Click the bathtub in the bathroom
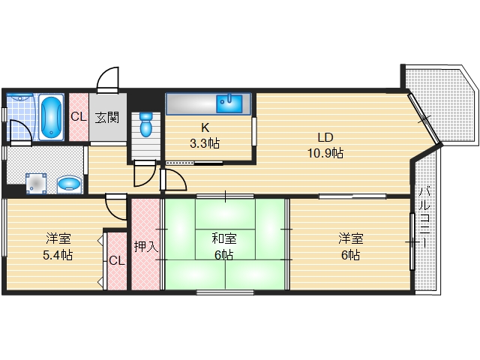pos(52,117)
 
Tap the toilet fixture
pos(145,124)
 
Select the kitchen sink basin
pos(229,103)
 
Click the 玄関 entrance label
pos(106,117)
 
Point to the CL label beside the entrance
pos(79,117)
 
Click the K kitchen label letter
pos(205,127)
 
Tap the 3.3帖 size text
pos(205,143)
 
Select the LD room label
pos(325,137)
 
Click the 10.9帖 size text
pos(325,153)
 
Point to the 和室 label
pos(224,238)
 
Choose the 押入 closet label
pos(146,247)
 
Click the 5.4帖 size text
pos(58,255)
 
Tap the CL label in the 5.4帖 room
pos(117,261)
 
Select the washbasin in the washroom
pos(69,184)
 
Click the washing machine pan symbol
pos(36,184)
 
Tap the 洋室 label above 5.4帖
pos(58,238)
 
